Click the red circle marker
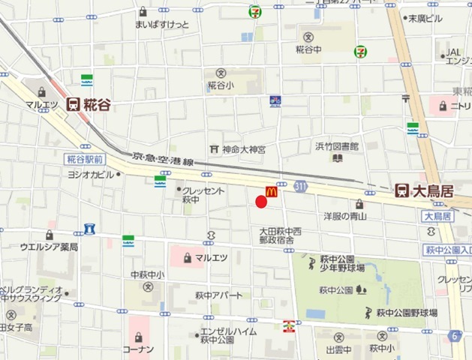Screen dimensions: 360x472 point(261,201)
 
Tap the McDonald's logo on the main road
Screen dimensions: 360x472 point(271,192)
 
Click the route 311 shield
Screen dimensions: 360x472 point(301,184)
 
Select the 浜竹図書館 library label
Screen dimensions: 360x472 point(336,147)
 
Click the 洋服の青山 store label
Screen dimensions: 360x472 point(344,216)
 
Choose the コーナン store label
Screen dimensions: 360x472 point(140,349)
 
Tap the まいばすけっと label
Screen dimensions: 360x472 point(163,24)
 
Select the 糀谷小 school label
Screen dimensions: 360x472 point(221,85)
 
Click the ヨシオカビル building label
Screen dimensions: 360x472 point(89,174)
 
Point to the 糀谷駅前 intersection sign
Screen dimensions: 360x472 point(84,159)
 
